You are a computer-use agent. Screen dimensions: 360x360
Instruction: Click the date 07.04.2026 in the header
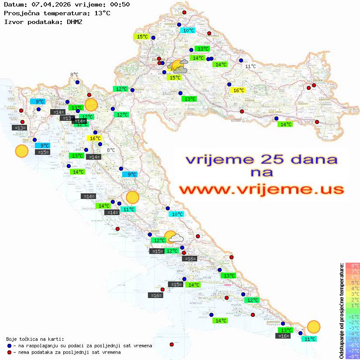click(x=49, y=5)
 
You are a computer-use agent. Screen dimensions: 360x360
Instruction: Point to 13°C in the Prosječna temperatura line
click(x=102, y=13)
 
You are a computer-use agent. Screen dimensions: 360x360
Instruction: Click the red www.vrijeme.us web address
click(x=261, y=189)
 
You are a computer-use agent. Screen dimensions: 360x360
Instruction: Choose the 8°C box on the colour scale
click(x=353, y=265)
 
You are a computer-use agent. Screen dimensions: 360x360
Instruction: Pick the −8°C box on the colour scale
click(x=353, y=357)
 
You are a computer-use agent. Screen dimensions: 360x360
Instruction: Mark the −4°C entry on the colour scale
click(x=353, y=334)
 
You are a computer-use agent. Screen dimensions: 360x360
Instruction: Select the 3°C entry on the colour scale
click(x=353, y=294)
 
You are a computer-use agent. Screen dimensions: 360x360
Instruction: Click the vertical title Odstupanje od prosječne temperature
click(x=342, y=311)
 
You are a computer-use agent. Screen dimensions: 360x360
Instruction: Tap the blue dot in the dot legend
click(x=10, y=346)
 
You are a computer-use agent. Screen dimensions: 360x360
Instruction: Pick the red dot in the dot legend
click(x=10, y=352)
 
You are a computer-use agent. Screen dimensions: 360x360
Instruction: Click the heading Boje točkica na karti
click(x=35, y=339)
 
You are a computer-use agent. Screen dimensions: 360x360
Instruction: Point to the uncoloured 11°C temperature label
click(x=250, y=66)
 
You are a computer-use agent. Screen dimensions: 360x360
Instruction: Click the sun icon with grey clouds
click(x=178, y=67)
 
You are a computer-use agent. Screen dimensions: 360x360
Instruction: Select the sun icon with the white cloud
click(x=172, y=237)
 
